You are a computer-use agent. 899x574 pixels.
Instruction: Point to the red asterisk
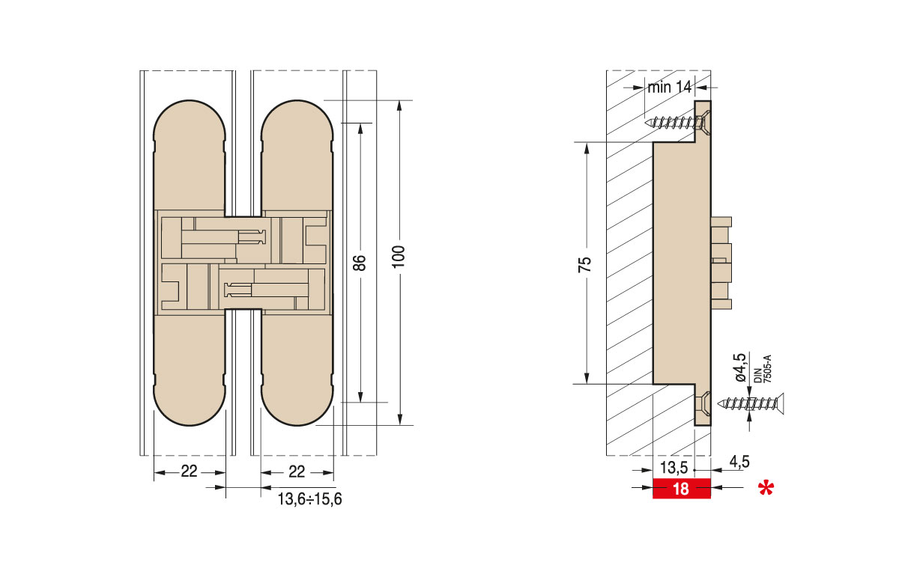765,490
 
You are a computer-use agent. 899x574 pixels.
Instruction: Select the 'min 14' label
669,87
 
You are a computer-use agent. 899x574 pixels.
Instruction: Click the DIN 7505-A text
760,370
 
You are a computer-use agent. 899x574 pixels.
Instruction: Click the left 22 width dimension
190,471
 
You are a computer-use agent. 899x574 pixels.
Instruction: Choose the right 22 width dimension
297,471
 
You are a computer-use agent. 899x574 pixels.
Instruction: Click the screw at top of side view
675,120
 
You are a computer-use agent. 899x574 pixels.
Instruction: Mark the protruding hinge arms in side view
720,262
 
